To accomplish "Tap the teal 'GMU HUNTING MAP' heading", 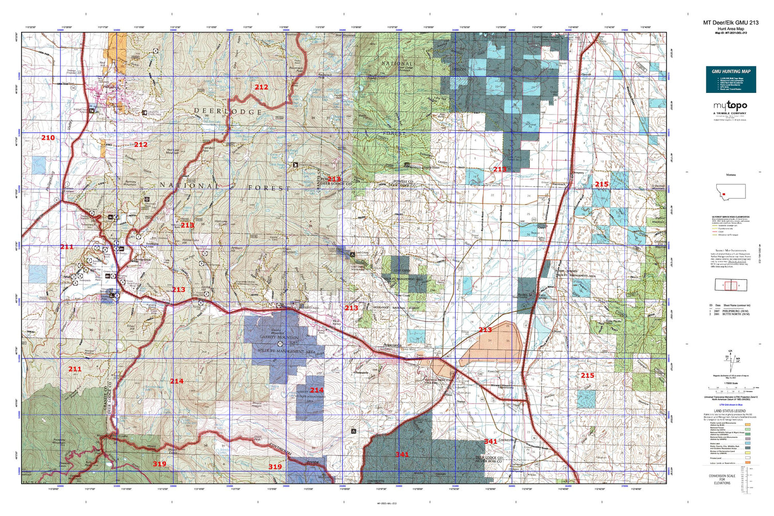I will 731,71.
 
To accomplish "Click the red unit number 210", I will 48,138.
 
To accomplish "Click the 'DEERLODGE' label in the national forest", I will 228,111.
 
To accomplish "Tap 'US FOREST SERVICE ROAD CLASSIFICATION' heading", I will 731,217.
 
